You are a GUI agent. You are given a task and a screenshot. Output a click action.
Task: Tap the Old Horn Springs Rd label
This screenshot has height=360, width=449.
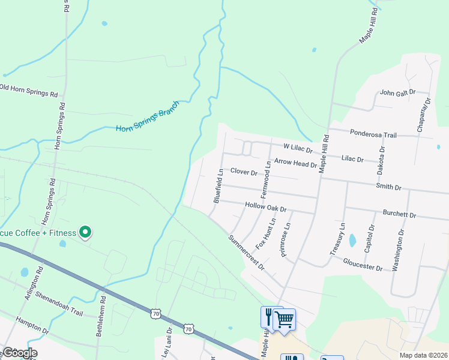click(x=28, y=91)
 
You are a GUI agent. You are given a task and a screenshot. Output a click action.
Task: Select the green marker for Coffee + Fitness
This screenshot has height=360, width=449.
click(x=85, y=232)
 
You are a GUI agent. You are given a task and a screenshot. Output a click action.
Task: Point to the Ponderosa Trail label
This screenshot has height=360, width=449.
click(x=372, y=133)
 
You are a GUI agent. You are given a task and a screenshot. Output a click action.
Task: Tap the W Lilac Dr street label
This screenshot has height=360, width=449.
click(x=298, y=146)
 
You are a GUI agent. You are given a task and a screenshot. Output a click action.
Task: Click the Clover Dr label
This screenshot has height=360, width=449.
click(x=243, y=172)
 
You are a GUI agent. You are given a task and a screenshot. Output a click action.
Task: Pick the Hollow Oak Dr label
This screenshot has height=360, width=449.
click(x=266, y=206)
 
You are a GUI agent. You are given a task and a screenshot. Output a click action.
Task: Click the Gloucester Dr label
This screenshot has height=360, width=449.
click(x=363, y=264)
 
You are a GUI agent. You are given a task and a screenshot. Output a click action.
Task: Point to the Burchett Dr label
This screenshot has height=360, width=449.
click(x=399, y=214)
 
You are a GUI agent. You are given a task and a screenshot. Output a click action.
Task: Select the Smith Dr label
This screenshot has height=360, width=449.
click(x=388, y=187)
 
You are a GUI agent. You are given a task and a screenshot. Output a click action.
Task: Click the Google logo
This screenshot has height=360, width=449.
click(x=19, y=352)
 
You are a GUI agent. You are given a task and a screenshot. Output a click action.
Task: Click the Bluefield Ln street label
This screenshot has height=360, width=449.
click(x=218, y=185)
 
